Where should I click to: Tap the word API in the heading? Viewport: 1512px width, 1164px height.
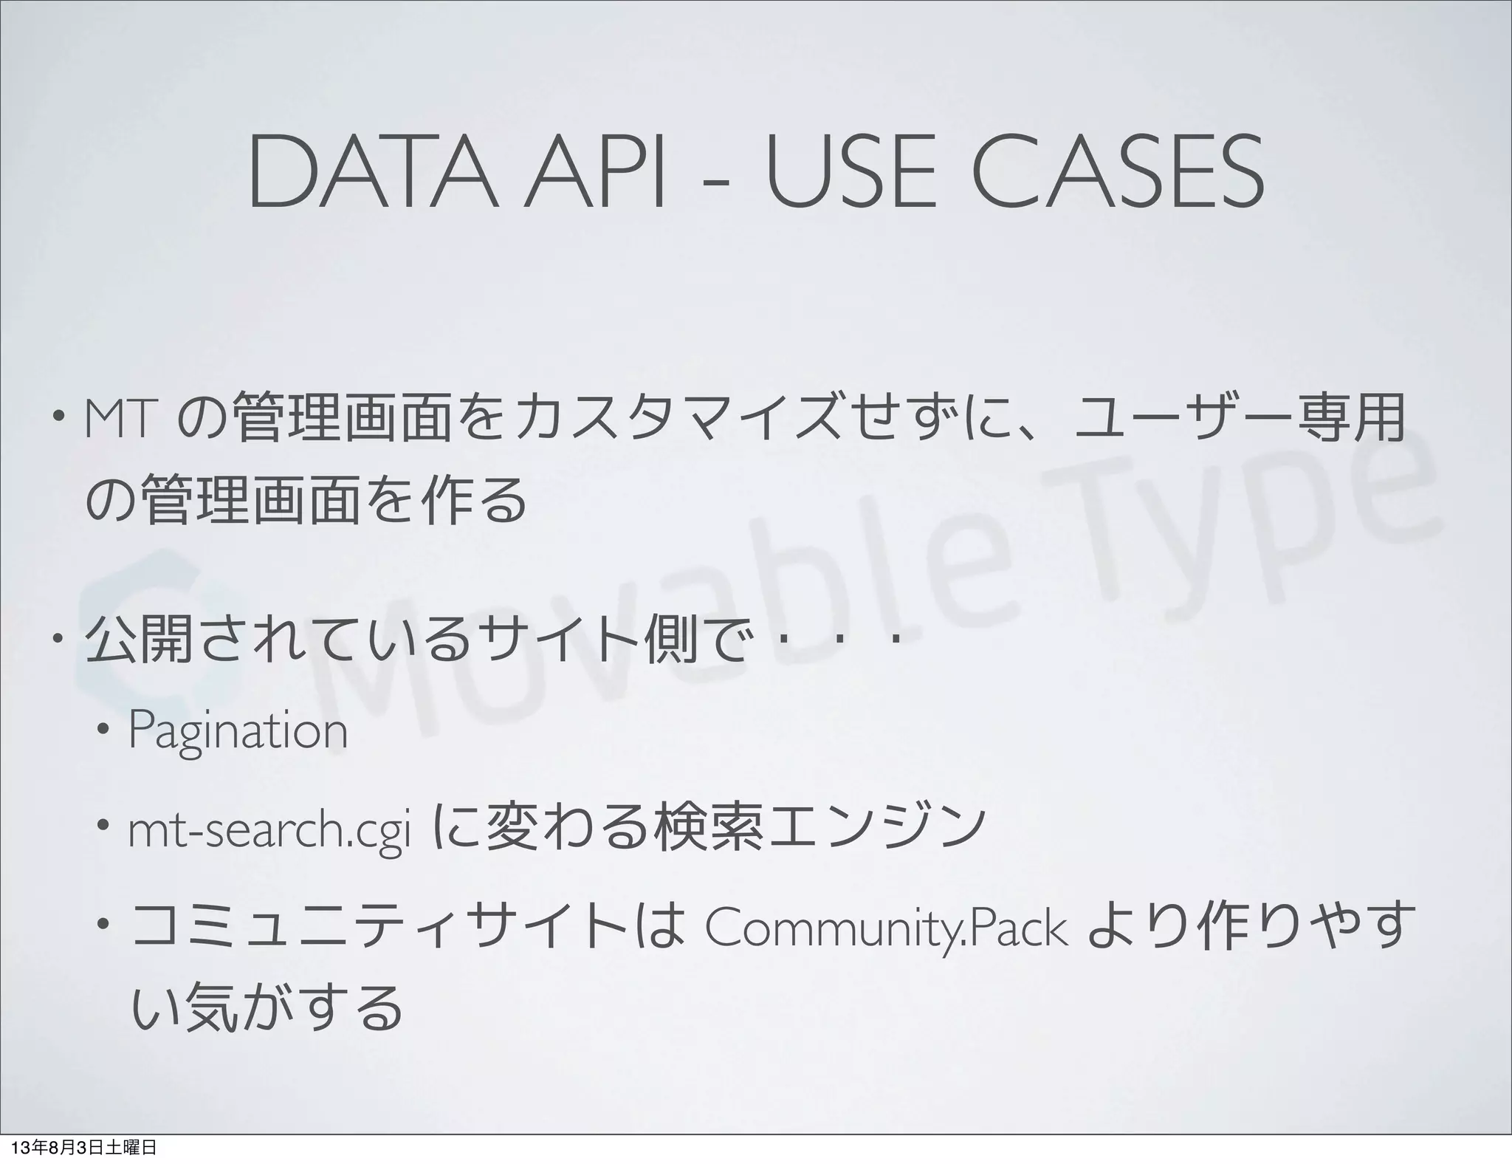point(591,174)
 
